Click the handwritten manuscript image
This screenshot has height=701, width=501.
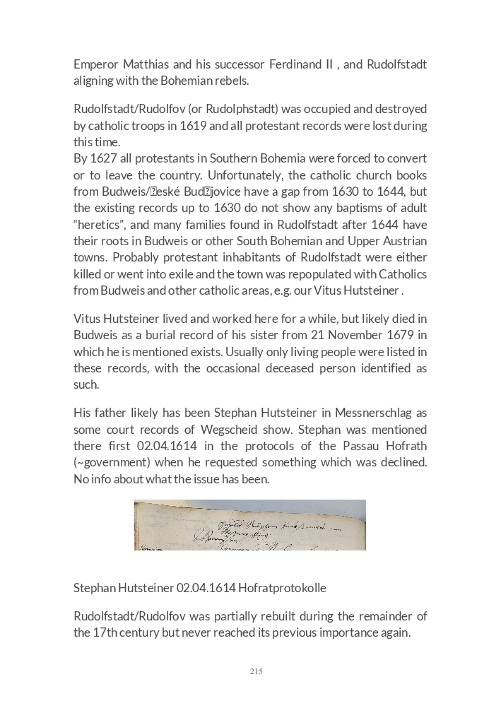tap(250, 525)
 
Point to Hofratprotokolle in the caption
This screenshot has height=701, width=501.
tap(282, 588)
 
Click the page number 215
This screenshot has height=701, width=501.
tap(256, 671)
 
